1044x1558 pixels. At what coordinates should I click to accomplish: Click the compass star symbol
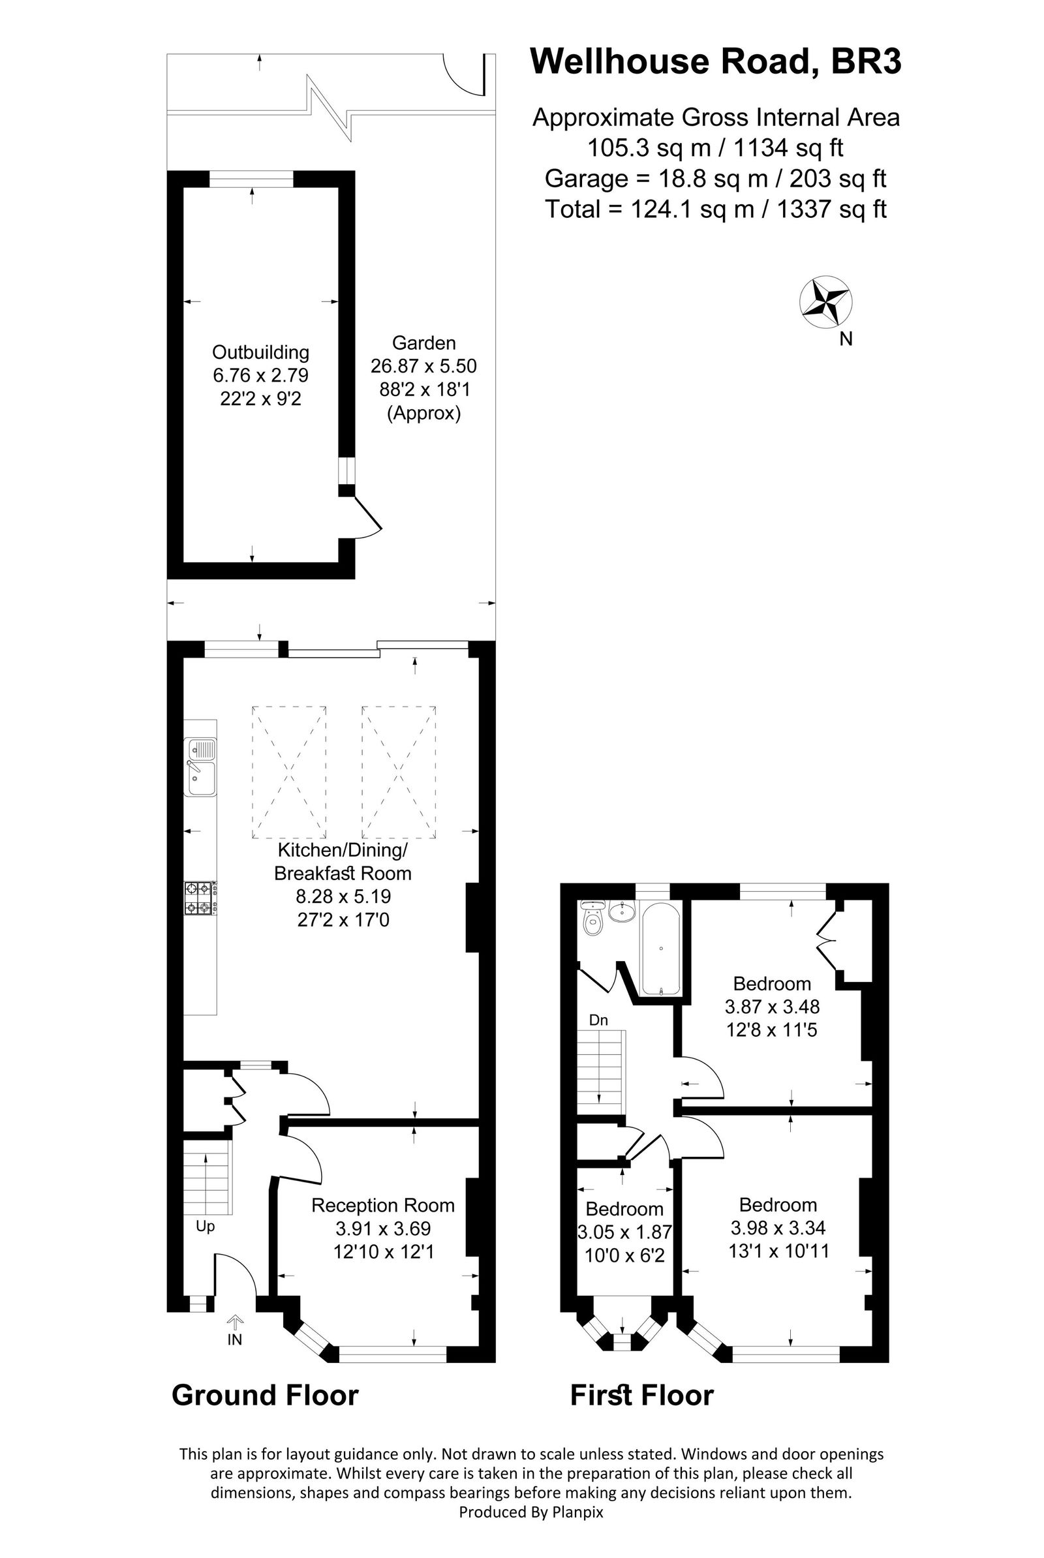click(x=825, y=301)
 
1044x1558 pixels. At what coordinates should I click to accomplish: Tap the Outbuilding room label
click(x=260, y=352)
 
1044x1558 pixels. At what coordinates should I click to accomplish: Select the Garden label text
click(x=423, y=343)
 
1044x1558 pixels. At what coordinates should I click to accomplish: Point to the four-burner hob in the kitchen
click(x=201, y=898)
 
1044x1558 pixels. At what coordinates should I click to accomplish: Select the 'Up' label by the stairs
click(x=205, y=1226)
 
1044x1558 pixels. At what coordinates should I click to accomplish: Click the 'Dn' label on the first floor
click(x=598, y=1020)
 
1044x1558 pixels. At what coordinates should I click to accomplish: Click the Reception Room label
click(x=383, y=1205)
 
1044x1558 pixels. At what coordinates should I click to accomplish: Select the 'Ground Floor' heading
click(x=265, y=1396)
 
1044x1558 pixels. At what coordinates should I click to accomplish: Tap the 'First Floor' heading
click(x=642, y=1396)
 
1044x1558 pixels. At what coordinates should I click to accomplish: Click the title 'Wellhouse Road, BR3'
click(x=716, y=61)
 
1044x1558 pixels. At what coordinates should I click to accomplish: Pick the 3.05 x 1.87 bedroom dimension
click(x=624, y=1232)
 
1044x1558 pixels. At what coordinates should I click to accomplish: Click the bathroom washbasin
click(x=622, y=911)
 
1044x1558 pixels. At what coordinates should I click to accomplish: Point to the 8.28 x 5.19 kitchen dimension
click(x=343, y=896)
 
